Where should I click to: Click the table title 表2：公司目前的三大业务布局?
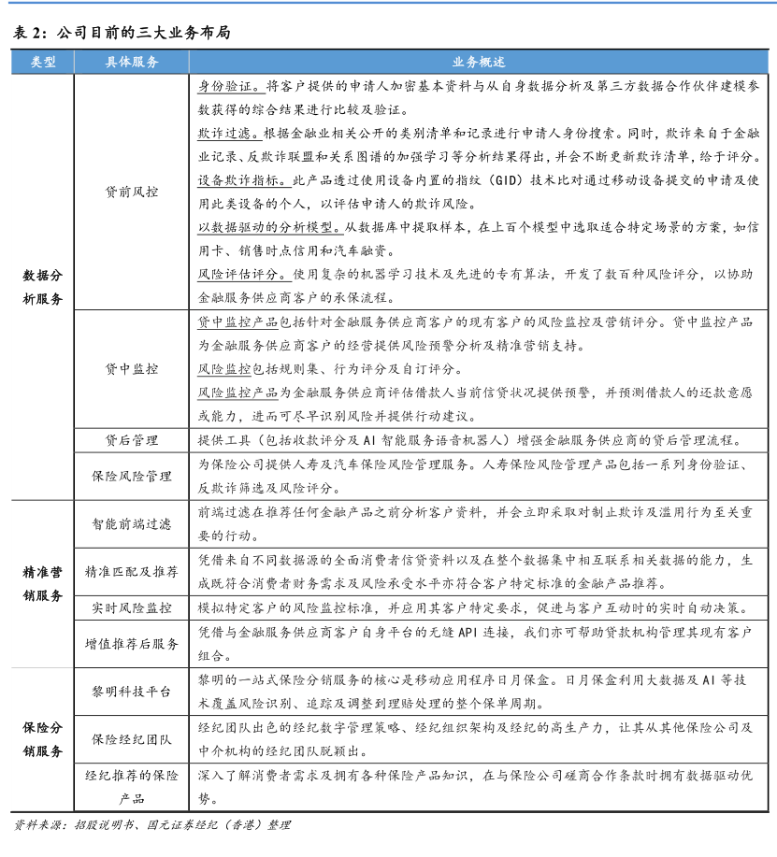(x=122, y=33)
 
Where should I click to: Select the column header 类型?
(x=42, y=63)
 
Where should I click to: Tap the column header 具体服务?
(x=132, y=63)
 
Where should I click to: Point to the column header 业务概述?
(x=479, y=63)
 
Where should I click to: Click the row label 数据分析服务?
(x=42, y=287)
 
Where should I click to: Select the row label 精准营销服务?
(x=42, y=583)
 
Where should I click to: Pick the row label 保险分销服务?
(x=42, y=738)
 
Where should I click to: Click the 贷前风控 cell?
(x=132, y=192)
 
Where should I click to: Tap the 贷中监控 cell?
(x=132, y=369)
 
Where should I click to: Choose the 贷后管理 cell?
(x=132, y=439)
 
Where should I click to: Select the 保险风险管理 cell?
(x=132, y=476)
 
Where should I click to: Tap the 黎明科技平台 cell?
(x=132, y=692)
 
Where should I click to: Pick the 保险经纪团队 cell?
(x=132, y=739)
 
